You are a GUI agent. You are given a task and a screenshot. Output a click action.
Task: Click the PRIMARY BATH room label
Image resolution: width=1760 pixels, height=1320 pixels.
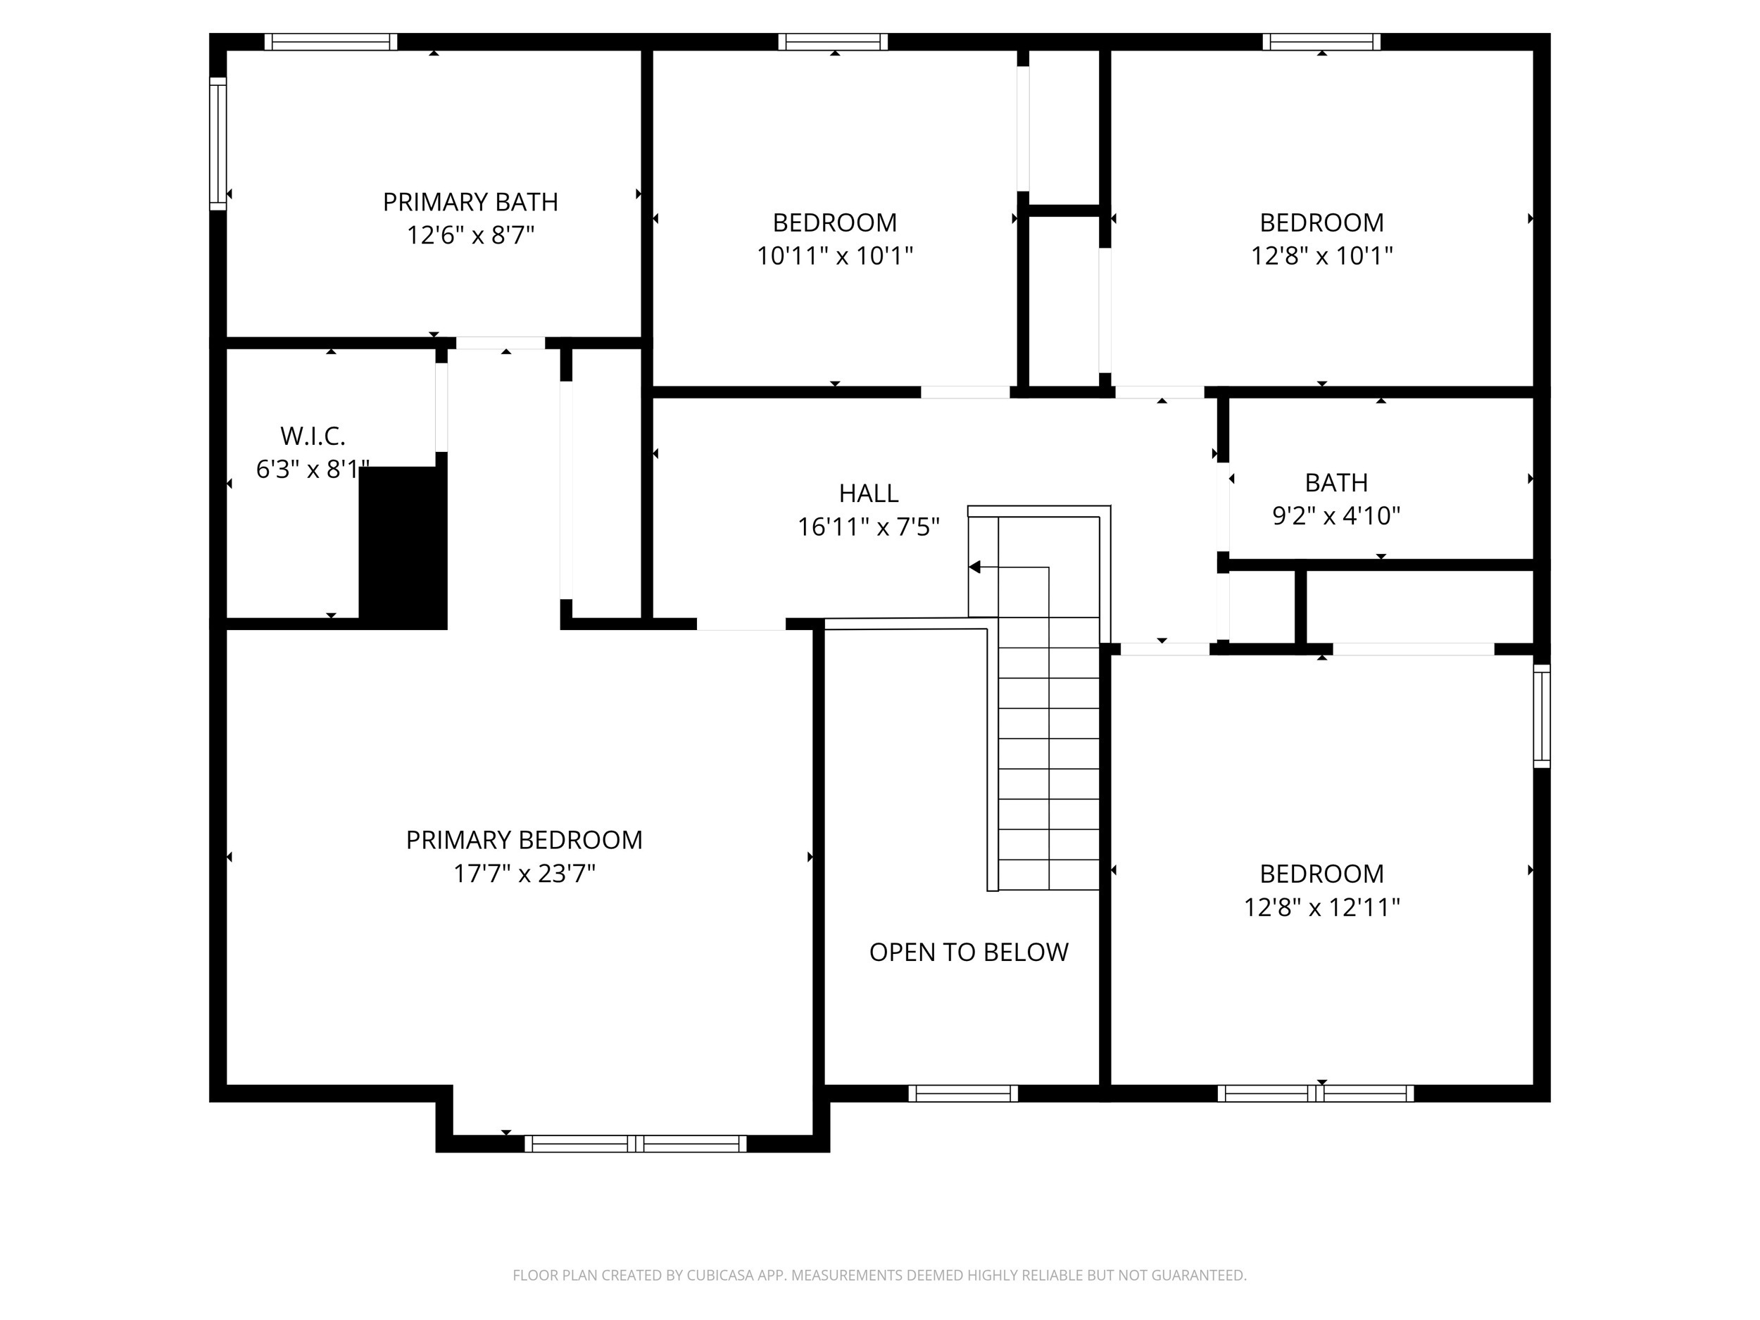click(x=470, y=202)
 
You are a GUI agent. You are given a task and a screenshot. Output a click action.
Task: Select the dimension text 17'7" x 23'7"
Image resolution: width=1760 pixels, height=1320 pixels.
click(x=524, y=874)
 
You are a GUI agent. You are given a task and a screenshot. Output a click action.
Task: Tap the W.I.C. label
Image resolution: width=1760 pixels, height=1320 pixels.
click(x=313, y=436)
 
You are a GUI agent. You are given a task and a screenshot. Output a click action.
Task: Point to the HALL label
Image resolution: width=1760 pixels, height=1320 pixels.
click(x=868, y=494)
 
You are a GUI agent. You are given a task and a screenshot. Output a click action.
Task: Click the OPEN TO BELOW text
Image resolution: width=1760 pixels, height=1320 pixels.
click(x=968, y=953)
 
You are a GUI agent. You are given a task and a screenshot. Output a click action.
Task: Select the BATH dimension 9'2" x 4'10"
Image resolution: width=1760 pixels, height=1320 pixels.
click(x=1336, y=516)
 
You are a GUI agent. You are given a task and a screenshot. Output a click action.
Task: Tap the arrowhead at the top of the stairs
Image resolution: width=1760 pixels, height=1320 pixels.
click(x=974, y=567)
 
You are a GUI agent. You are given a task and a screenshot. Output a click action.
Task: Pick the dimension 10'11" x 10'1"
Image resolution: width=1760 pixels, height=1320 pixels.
click(x=835, y=256)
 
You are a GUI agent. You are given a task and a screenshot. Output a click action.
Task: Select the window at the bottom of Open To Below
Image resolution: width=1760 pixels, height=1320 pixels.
click(x=963, y=1093)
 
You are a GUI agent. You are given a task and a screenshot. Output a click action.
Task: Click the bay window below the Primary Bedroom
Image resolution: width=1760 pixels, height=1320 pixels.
click(x=635, y=1144)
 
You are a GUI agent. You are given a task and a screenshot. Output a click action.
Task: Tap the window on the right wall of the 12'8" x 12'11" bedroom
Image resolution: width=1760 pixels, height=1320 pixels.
click(x=1541, y=716)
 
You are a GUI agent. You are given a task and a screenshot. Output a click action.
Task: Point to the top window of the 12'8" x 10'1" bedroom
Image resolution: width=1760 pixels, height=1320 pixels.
click(x=1321, y=42)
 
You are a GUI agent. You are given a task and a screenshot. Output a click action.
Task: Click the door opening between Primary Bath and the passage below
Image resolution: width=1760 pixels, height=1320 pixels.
click(x=500, y=343)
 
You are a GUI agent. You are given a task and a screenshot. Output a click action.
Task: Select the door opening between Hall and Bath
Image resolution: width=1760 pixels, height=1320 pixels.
click(x=1223, y=507)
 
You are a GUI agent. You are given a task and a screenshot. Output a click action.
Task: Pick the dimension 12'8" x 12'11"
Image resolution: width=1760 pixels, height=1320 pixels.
click(x=1321, y=907)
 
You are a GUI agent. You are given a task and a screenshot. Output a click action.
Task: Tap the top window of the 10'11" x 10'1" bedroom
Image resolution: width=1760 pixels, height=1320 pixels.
click(x=832, y=42)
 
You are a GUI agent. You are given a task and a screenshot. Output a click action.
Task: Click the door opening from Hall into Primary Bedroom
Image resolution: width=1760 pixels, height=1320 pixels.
click(x=741, y=624)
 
